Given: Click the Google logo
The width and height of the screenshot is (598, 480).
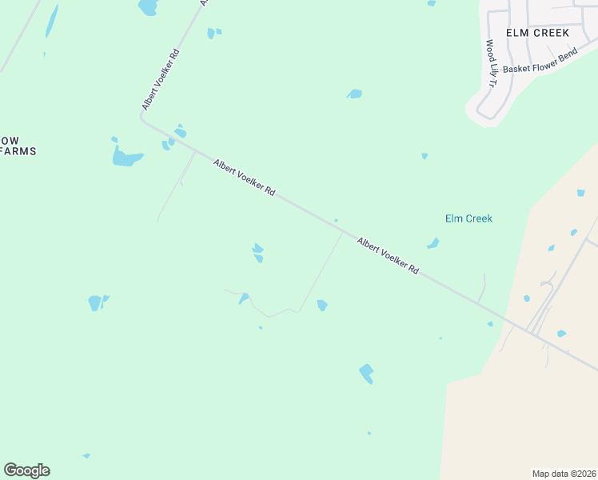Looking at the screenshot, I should pos(26,470).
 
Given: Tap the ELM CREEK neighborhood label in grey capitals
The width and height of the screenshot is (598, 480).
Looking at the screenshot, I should pos(537,33).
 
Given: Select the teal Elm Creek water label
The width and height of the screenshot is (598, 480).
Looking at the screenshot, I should pos(468,218).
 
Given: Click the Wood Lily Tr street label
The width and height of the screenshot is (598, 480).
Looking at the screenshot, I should pos(491,64).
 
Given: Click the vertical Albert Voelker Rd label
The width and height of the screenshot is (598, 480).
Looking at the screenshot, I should pos(161,79).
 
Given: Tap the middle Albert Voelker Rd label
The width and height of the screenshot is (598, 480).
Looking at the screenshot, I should pos(244,178).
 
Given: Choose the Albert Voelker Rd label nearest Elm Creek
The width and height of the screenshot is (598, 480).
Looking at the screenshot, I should pos(388,256).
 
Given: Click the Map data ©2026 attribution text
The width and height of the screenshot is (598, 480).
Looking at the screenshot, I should pos(564,474).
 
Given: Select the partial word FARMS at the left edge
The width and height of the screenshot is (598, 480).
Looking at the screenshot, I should pos(19,151).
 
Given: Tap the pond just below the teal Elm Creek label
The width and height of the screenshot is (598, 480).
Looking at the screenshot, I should pos(433,243).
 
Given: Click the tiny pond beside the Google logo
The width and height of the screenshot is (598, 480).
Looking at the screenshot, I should pos(86,456).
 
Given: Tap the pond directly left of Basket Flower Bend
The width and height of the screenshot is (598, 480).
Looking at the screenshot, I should pos(354,94).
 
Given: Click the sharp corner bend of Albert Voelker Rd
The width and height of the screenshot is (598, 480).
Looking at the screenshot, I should pos(143,118).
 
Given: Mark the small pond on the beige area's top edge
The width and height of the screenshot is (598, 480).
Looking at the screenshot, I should pos(580,193).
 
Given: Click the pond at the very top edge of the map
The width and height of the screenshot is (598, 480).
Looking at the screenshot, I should pos(148,7).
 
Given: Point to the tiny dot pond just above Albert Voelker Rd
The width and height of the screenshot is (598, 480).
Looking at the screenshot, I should pos(336,220).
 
